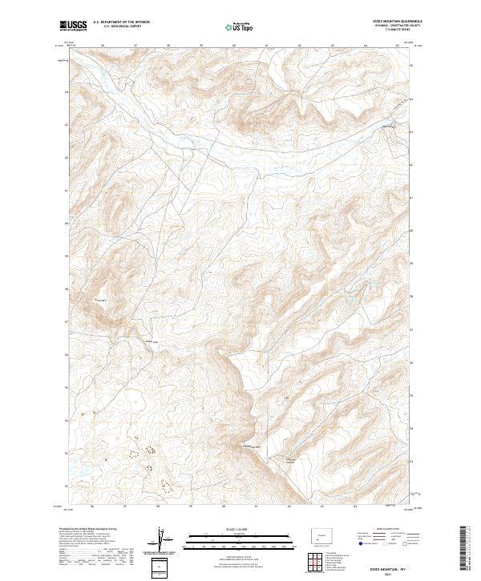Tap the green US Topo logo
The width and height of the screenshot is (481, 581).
(x=240, y=26)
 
